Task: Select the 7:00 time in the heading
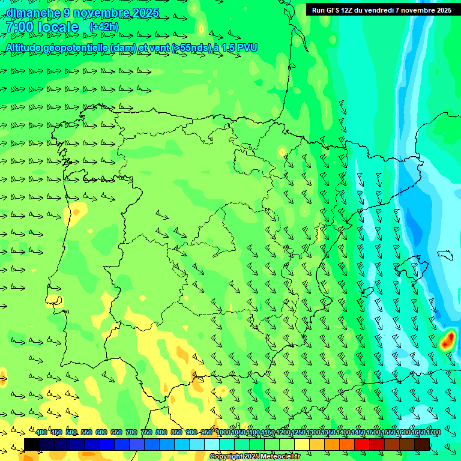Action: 19,27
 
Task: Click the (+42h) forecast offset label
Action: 104,27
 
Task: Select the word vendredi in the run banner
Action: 375,10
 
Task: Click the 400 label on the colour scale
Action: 41,432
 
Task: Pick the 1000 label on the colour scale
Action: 223,432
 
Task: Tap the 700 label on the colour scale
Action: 131,432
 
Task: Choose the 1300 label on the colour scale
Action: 313,432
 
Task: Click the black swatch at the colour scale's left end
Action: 32,444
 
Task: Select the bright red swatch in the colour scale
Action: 362,444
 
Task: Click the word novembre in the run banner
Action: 421,10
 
